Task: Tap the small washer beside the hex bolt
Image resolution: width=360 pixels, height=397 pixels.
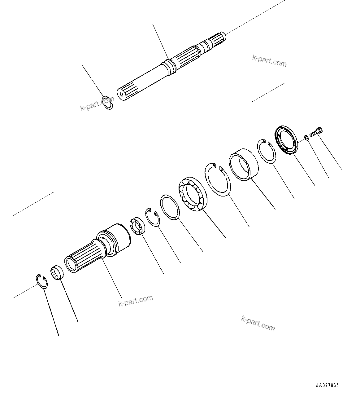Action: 306,137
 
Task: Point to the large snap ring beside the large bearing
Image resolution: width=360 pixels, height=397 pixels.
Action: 218,179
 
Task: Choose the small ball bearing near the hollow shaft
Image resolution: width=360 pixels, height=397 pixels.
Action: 137,226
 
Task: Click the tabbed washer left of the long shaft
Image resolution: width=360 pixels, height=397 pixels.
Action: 108,103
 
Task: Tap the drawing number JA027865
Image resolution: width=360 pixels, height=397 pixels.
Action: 327,386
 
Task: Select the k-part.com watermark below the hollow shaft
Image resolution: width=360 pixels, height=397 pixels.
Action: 136,300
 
